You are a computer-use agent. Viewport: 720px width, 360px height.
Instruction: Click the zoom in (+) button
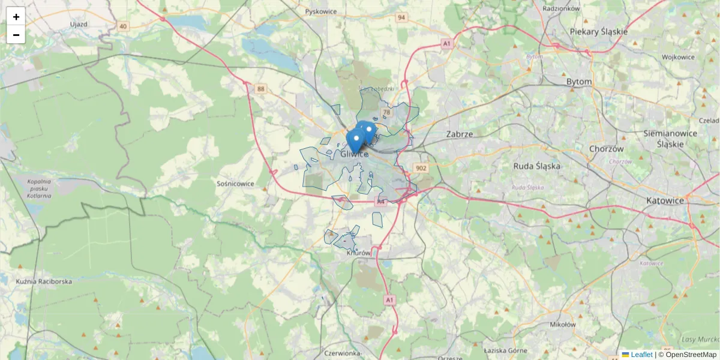[16, 17]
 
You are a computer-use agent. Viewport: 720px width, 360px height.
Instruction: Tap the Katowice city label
[665, 200]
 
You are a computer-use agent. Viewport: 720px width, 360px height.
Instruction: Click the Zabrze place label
[460, 134]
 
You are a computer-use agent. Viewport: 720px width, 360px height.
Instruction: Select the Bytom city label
[579, 82]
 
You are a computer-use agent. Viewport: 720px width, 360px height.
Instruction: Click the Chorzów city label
[607, 149]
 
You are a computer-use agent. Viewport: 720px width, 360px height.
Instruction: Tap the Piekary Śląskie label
[599, 32]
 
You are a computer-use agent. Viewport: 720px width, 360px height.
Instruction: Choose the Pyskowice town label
[321, 11]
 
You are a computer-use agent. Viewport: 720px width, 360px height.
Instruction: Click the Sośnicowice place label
[235, 184]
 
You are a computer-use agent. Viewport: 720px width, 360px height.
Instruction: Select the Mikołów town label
[562, 325]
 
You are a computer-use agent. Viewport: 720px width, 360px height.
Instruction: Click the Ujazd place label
[79, 24]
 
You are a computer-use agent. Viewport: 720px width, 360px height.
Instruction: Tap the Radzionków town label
[561, 8]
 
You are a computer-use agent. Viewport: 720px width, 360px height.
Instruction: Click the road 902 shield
[421, 169]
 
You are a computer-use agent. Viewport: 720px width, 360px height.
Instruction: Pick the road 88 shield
[260, 89]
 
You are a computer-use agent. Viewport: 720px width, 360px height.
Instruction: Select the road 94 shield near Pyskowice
[401, 17]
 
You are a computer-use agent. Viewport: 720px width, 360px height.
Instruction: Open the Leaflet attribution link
[641, 355]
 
